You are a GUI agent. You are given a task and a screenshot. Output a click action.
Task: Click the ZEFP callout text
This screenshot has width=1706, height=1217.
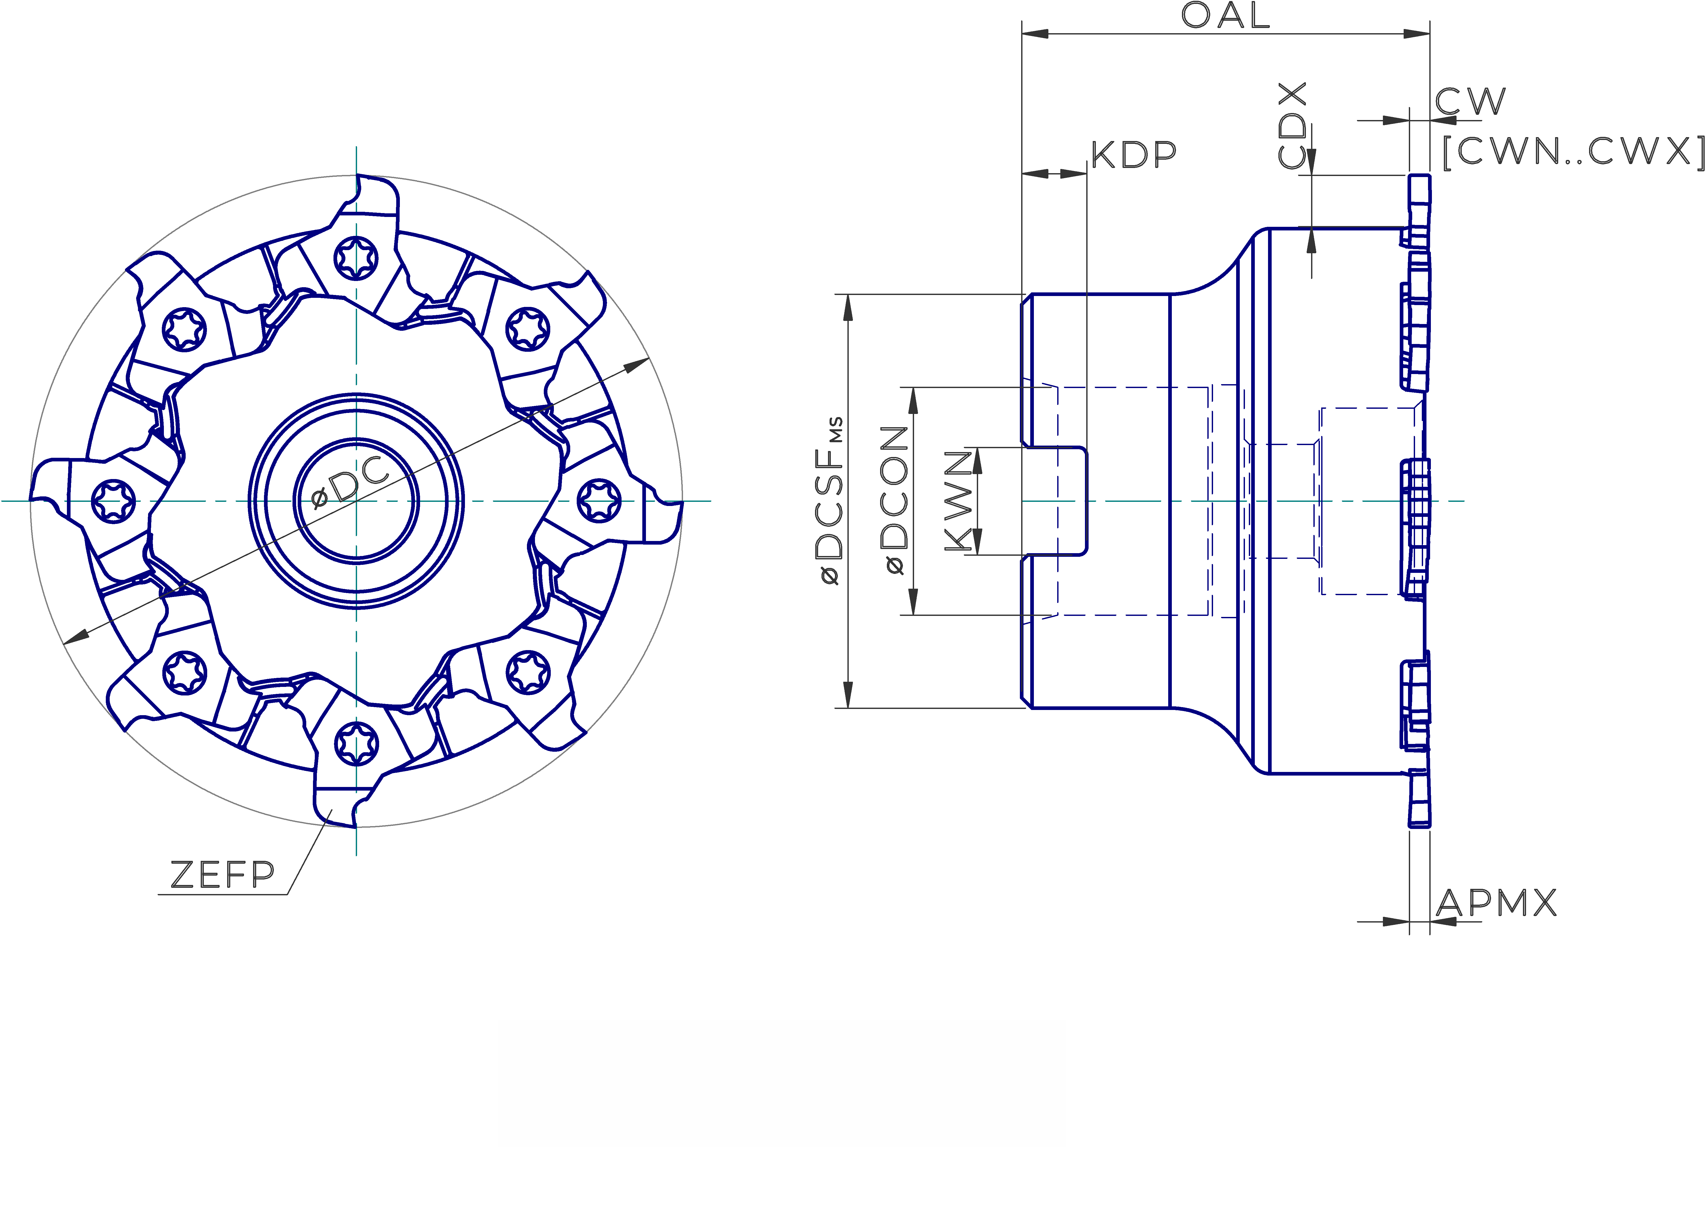(223, 875)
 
